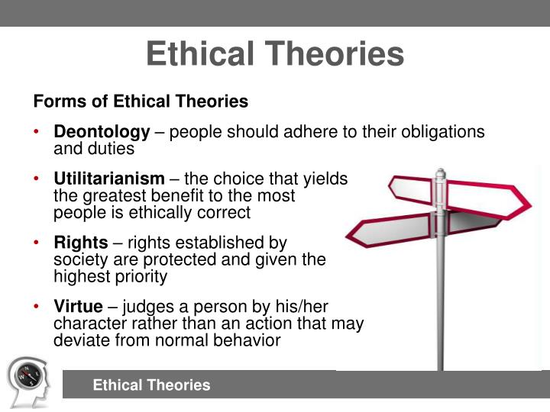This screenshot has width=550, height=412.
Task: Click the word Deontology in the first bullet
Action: [102, 132]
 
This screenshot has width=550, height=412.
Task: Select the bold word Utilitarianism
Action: [108, 179]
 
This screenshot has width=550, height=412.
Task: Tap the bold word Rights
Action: [80, 243]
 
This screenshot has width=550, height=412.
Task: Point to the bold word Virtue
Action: [77, 307]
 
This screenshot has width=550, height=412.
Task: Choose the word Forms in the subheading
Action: [53, 101]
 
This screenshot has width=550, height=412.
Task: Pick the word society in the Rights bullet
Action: [78, 259]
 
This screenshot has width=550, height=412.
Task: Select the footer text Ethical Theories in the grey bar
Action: [151, 385]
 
